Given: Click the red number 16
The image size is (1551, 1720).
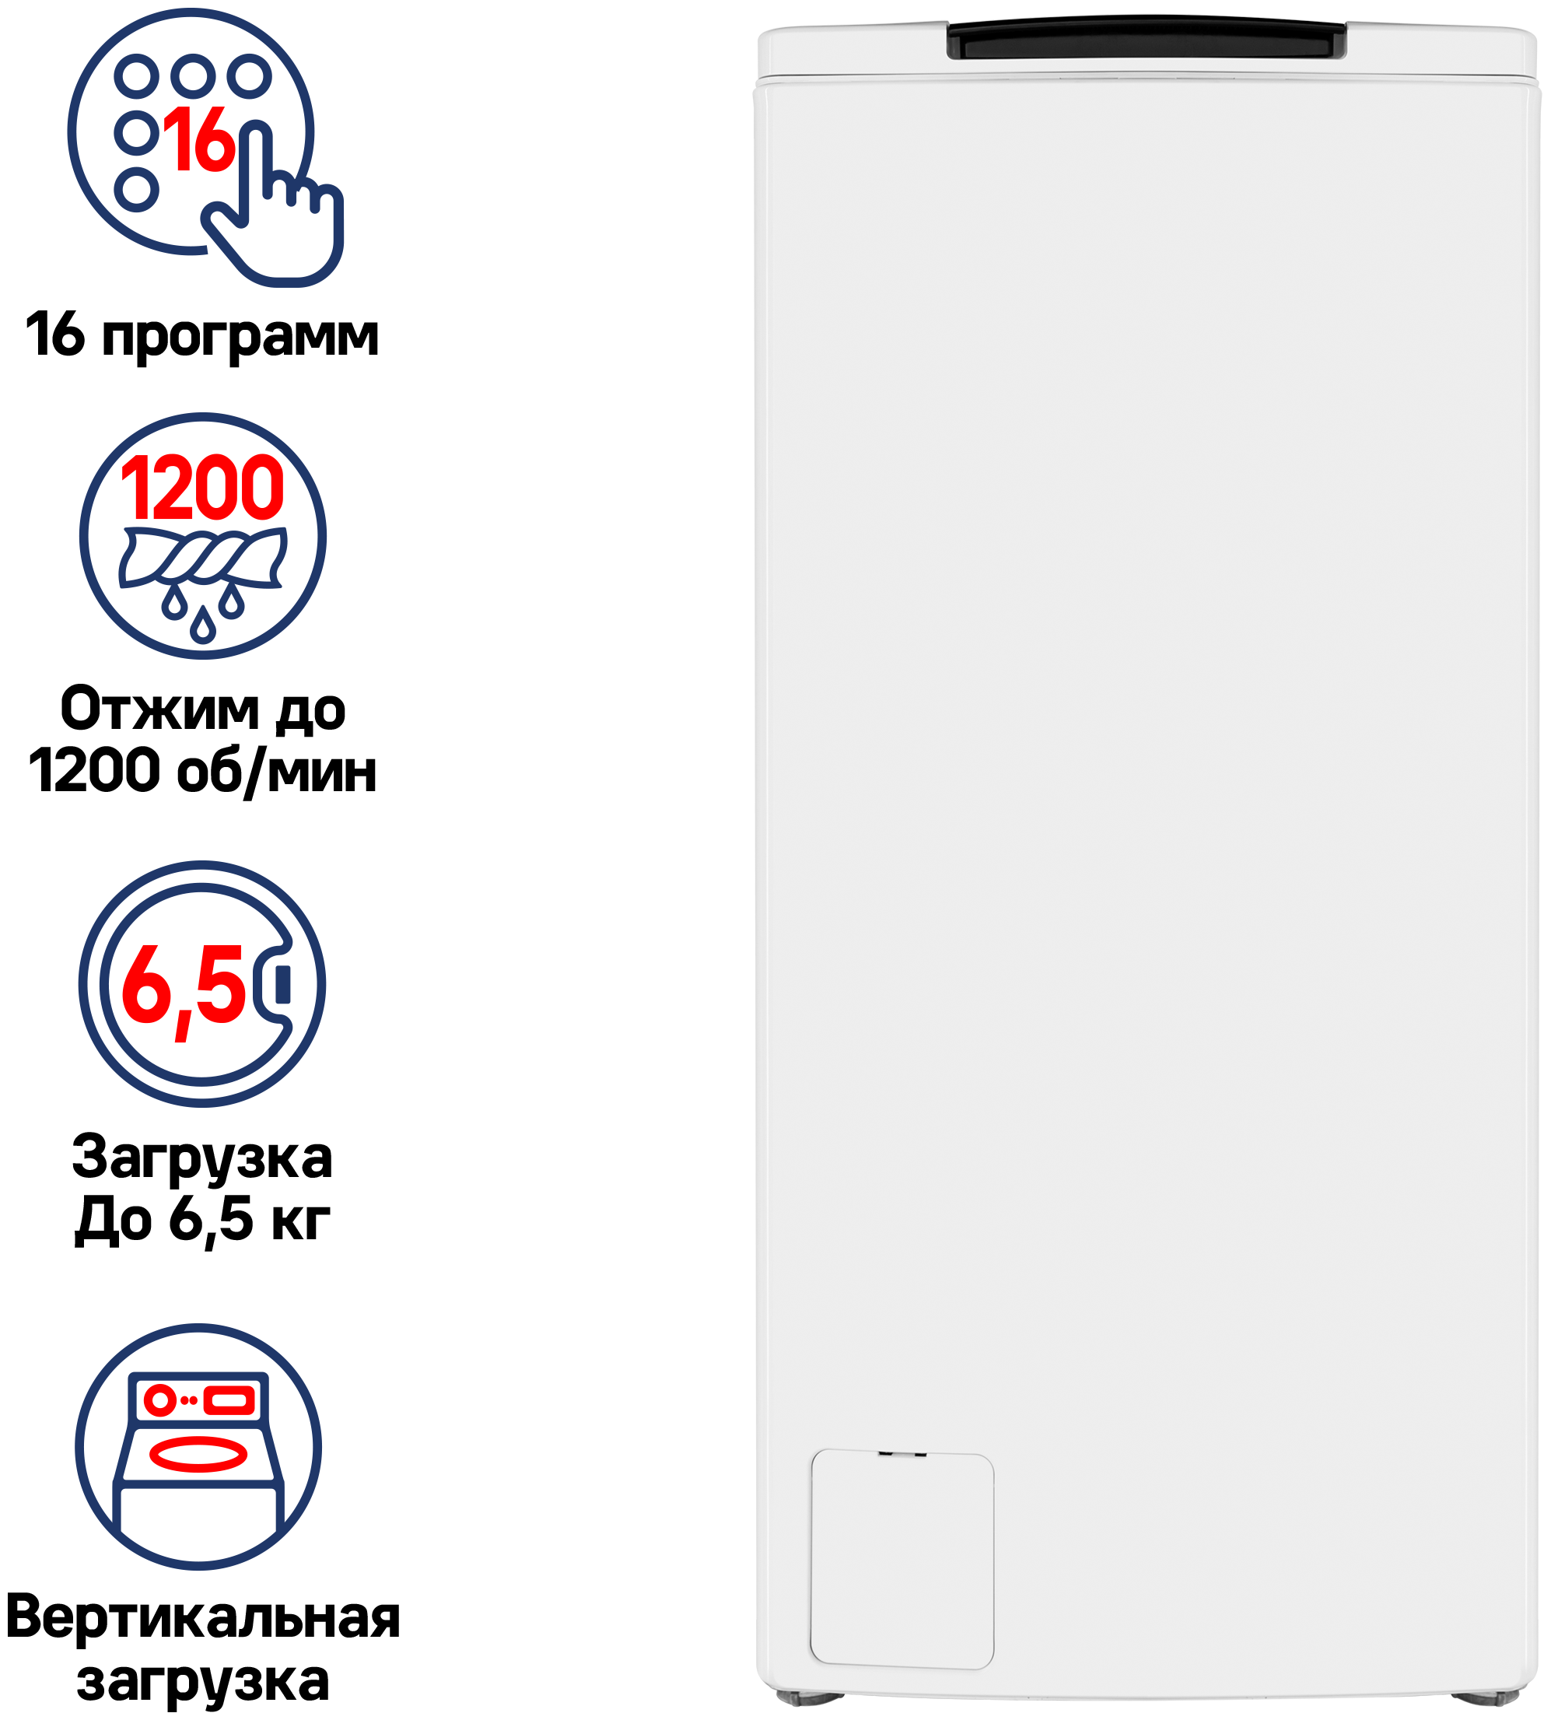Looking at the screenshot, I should pyautogui.click(x=199, y=140).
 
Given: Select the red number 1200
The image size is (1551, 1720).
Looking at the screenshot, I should pyautogui.click(x=203, y=488).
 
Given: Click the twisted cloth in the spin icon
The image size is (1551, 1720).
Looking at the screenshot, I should pyautogui.click(x=203, y=558).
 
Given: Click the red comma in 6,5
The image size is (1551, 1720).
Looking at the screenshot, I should pyautogui.click(x=182, y=1027).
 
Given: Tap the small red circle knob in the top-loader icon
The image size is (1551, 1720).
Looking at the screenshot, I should pyautogui.click(x=159, y=1399).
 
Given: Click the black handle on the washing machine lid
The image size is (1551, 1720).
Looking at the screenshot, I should pyautogui.click(x=1147, y=41).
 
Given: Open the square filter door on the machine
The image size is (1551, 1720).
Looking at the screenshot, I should pyautogui.click(x=902, y=1559).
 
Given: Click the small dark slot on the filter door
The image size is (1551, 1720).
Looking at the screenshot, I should pyautogui.click(x=902, y=1453).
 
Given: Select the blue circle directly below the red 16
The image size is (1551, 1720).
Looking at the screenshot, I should pyautogui.click(x=136, y=189).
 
